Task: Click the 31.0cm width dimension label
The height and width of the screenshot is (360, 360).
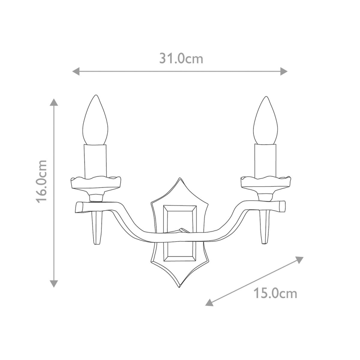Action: click(x=181, y=58)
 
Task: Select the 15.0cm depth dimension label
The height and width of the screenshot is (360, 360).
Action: click(x=275, y=294)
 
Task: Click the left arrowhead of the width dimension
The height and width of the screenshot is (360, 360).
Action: click(x=76, y=71)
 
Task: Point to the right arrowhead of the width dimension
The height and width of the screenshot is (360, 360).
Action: click(x=284, y=71)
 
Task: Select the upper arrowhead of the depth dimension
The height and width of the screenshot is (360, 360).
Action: click(x=299, y=259)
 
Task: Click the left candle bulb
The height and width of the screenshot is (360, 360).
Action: click(x=96, y=121)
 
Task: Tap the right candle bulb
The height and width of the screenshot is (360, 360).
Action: click(x=265, y=121)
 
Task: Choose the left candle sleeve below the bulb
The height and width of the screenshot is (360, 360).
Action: click(x=96, y=161)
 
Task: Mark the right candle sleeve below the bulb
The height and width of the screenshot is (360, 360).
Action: click(x=265, y=161)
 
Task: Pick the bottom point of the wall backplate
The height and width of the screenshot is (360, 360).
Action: click(x=180, y=286)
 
